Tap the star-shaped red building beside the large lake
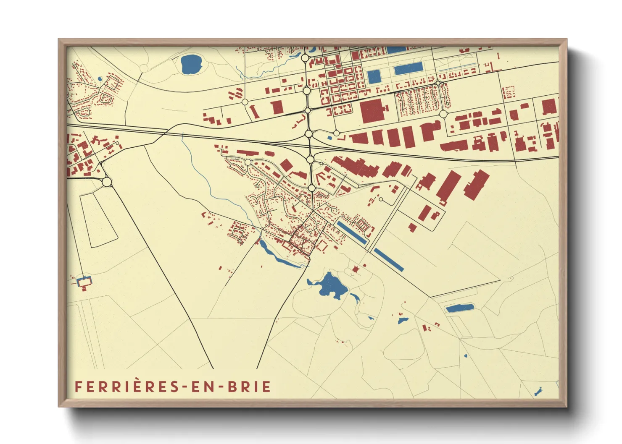[x=356, y=270]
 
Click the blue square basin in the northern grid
[x=374, y=76]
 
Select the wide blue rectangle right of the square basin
[x=408, y=69]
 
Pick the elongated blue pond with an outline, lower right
[x=459, y=308]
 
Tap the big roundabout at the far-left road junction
[x=107, y=182]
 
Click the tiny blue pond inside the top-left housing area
[x=99, y=78]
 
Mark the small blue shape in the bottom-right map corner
[x=538, y=392]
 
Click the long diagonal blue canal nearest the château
[x=388, y=259]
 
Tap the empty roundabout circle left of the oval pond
[x=144, y=68]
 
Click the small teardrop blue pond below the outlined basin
[x=465, y=356]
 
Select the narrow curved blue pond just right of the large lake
[x=355, y=298]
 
